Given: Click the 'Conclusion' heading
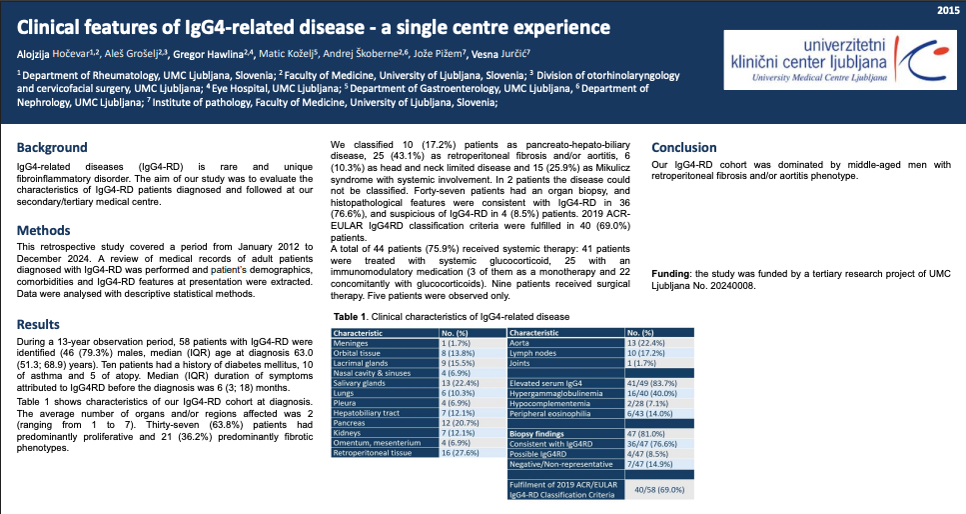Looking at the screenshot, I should click(684, 147).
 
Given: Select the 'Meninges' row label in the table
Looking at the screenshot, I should click(353, 343).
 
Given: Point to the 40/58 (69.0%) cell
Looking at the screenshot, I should click(660, 490).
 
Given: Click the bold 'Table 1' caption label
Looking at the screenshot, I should click(352, 316).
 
